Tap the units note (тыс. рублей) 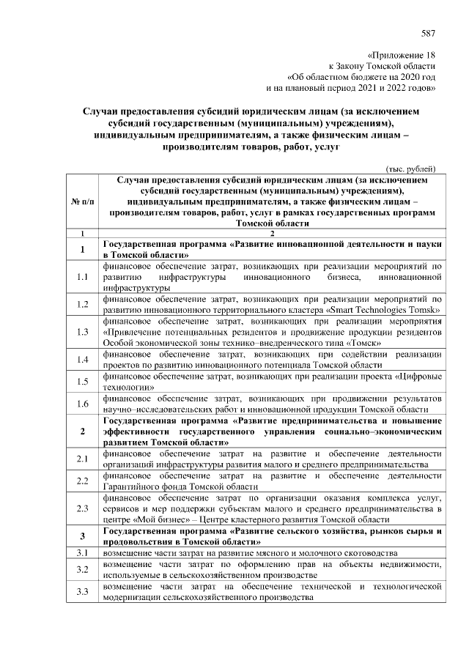(x=411, y=168)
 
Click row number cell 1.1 (x=82, y=278)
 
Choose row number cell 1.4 (x=82, y=359)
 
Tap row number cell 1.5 (x=82, y=381)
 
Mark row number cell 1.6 (x=82, y=403)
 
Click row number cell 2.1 (x=82, y=459)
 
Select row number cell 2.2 (x=82, y=481)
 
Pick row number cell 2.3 (x=82, y=508)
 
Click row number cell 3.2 (x=82, y=569)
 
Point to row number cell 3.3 (x=82, y=592)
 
